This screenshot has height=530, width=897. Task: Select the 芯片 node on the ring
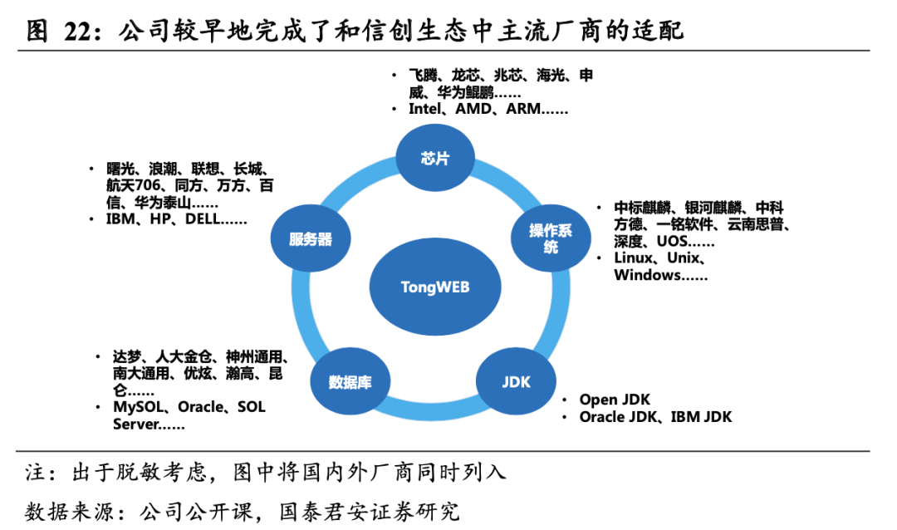tap(434, 159)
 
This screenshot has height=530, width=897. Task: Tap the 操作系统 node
tap(551, 238)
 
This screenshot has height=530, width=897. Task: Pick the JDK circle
tap(516, 382)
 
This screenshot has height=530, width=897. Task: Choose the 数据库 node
tap(350, 382)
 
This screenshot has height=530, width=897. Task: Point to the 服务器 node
tap(311, 239)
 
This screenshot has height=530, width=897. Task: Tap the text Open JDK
tap(615, 400)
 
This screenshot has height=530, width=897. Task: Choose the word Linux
tap(633, 258)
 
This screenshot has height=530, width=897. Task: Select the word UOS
tap(673, 242)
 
